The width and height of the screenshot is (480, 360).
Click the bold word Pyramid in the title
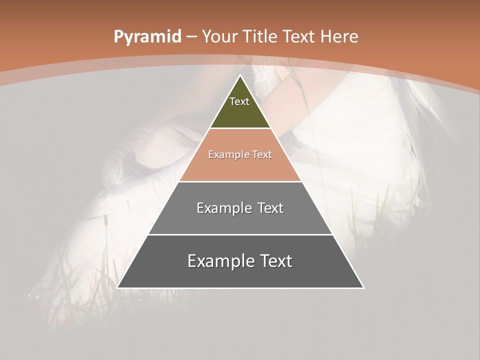147,37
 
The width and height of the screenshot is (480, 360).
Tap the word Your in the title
219,36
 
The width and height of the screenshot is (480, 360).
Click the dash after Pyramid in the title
191,37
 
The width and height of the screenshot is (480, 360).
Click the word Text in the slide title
300,36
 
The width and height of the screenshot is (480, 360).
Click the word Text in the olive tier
239,101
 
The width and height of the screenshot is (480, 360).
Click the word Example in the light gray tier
219,208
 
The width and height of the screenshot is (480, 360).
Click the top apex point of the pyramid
240,75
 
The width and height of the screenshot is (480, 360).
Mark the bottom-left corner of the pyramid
117,287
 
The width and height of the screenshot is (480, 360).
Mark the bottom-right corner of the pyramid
363,287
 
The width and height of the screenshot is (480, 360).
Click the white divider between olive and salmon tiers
240,128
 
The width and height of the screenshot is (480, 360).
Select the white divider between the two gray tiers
240,234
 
